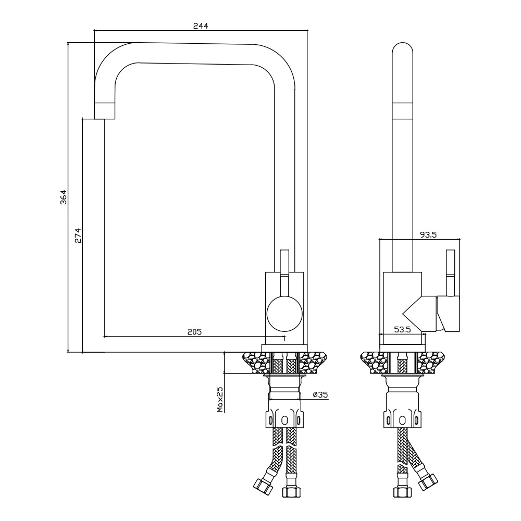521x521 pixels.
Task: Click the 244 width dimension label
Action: click(201, 26)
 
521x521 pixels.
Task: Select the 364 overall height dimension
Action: click(64, 197)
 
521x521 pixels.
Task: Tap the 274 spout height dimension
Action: click(78, 235)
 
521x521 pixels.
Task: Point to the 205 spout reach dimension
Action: click(194, 331)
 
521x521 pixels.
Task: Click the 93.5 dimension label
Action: click(428, 235)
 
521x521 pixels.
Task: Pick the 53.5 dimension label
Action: click(402, 330)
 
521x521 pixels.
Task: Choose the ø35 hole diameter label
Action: click(320, 395)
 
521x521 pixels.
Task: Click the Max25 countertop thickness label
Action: click(220, 399)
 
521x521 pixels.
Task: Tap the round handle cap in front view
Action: click(285, 314)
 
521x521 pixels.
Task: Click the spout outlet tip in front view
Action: click(105, 111)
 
